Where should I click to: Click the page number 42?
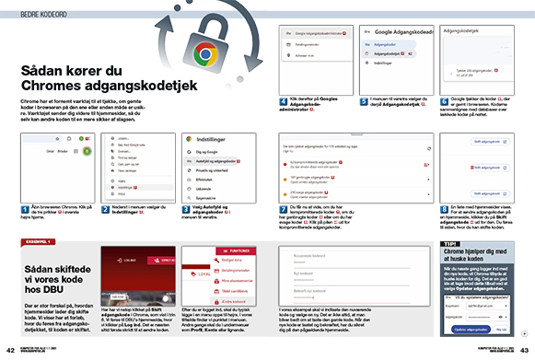[x=10, y=350]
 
